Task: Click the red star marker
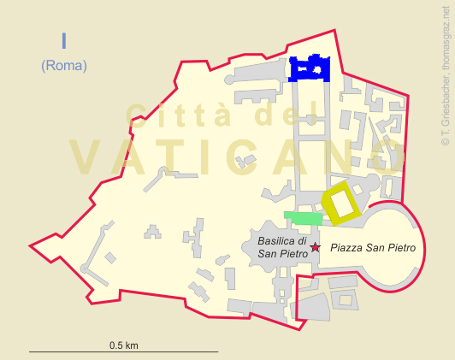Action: tap(315, 247)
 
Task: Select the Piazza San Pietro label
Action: tap(373, 248)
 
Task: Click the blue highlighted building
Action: tap(310, 67)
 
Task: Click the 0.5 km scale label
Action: tap(123, 345)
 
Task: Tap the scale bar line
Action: tap(123, 351)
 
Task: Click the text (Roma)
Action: tap(63, 65)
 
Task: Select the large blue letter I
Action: tap(63, 41)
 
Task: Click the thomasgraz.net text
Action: tap(445, 39)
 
